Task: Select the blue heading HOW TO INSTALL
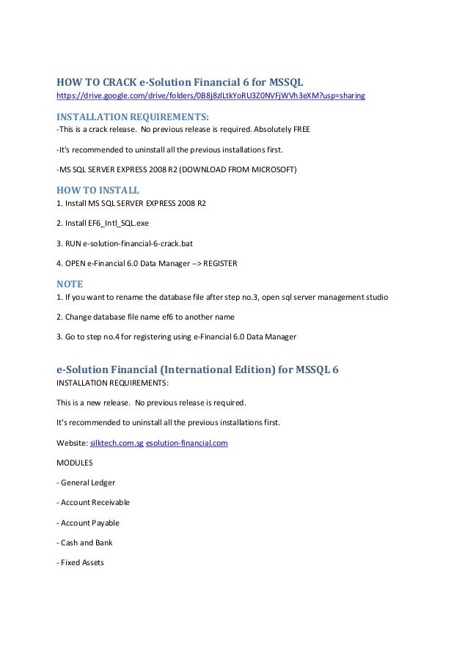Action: pyautogui.click(x=98, y=190)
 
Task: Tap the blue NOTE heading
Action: pyautogui.click(x=70, y=284)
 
